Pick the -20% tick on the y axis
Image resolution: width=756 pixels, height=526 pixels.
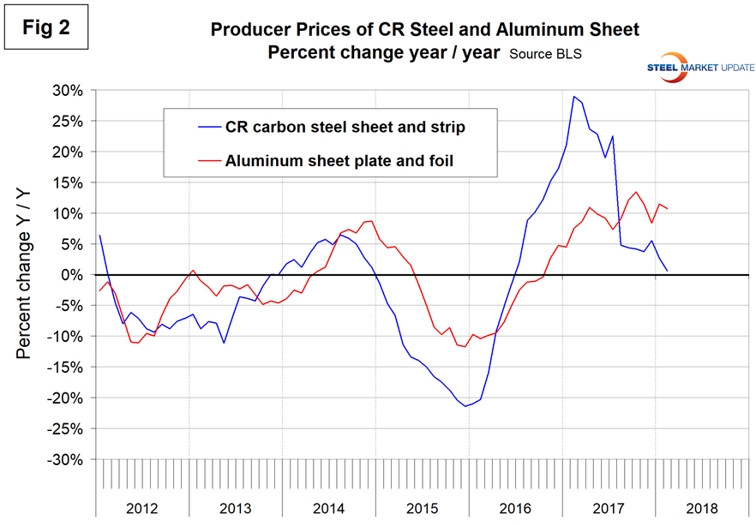pos(68,398)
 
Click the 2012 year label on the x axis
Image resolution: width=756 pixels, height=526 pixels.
pos(142,506)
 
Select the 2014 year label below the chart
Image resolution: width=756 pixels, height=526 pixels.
pos(328,506)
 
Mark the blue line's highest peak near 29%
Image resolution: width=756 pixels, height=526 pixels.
pos(573,97)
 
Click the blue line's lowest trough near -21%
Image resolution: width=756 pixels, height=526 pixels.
pos(465,406)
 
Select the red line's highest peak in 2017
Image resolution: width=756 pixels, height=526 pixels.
pos(636,192)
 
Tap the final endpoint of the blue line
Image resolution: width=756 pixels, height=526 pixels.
pos(667,271)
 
